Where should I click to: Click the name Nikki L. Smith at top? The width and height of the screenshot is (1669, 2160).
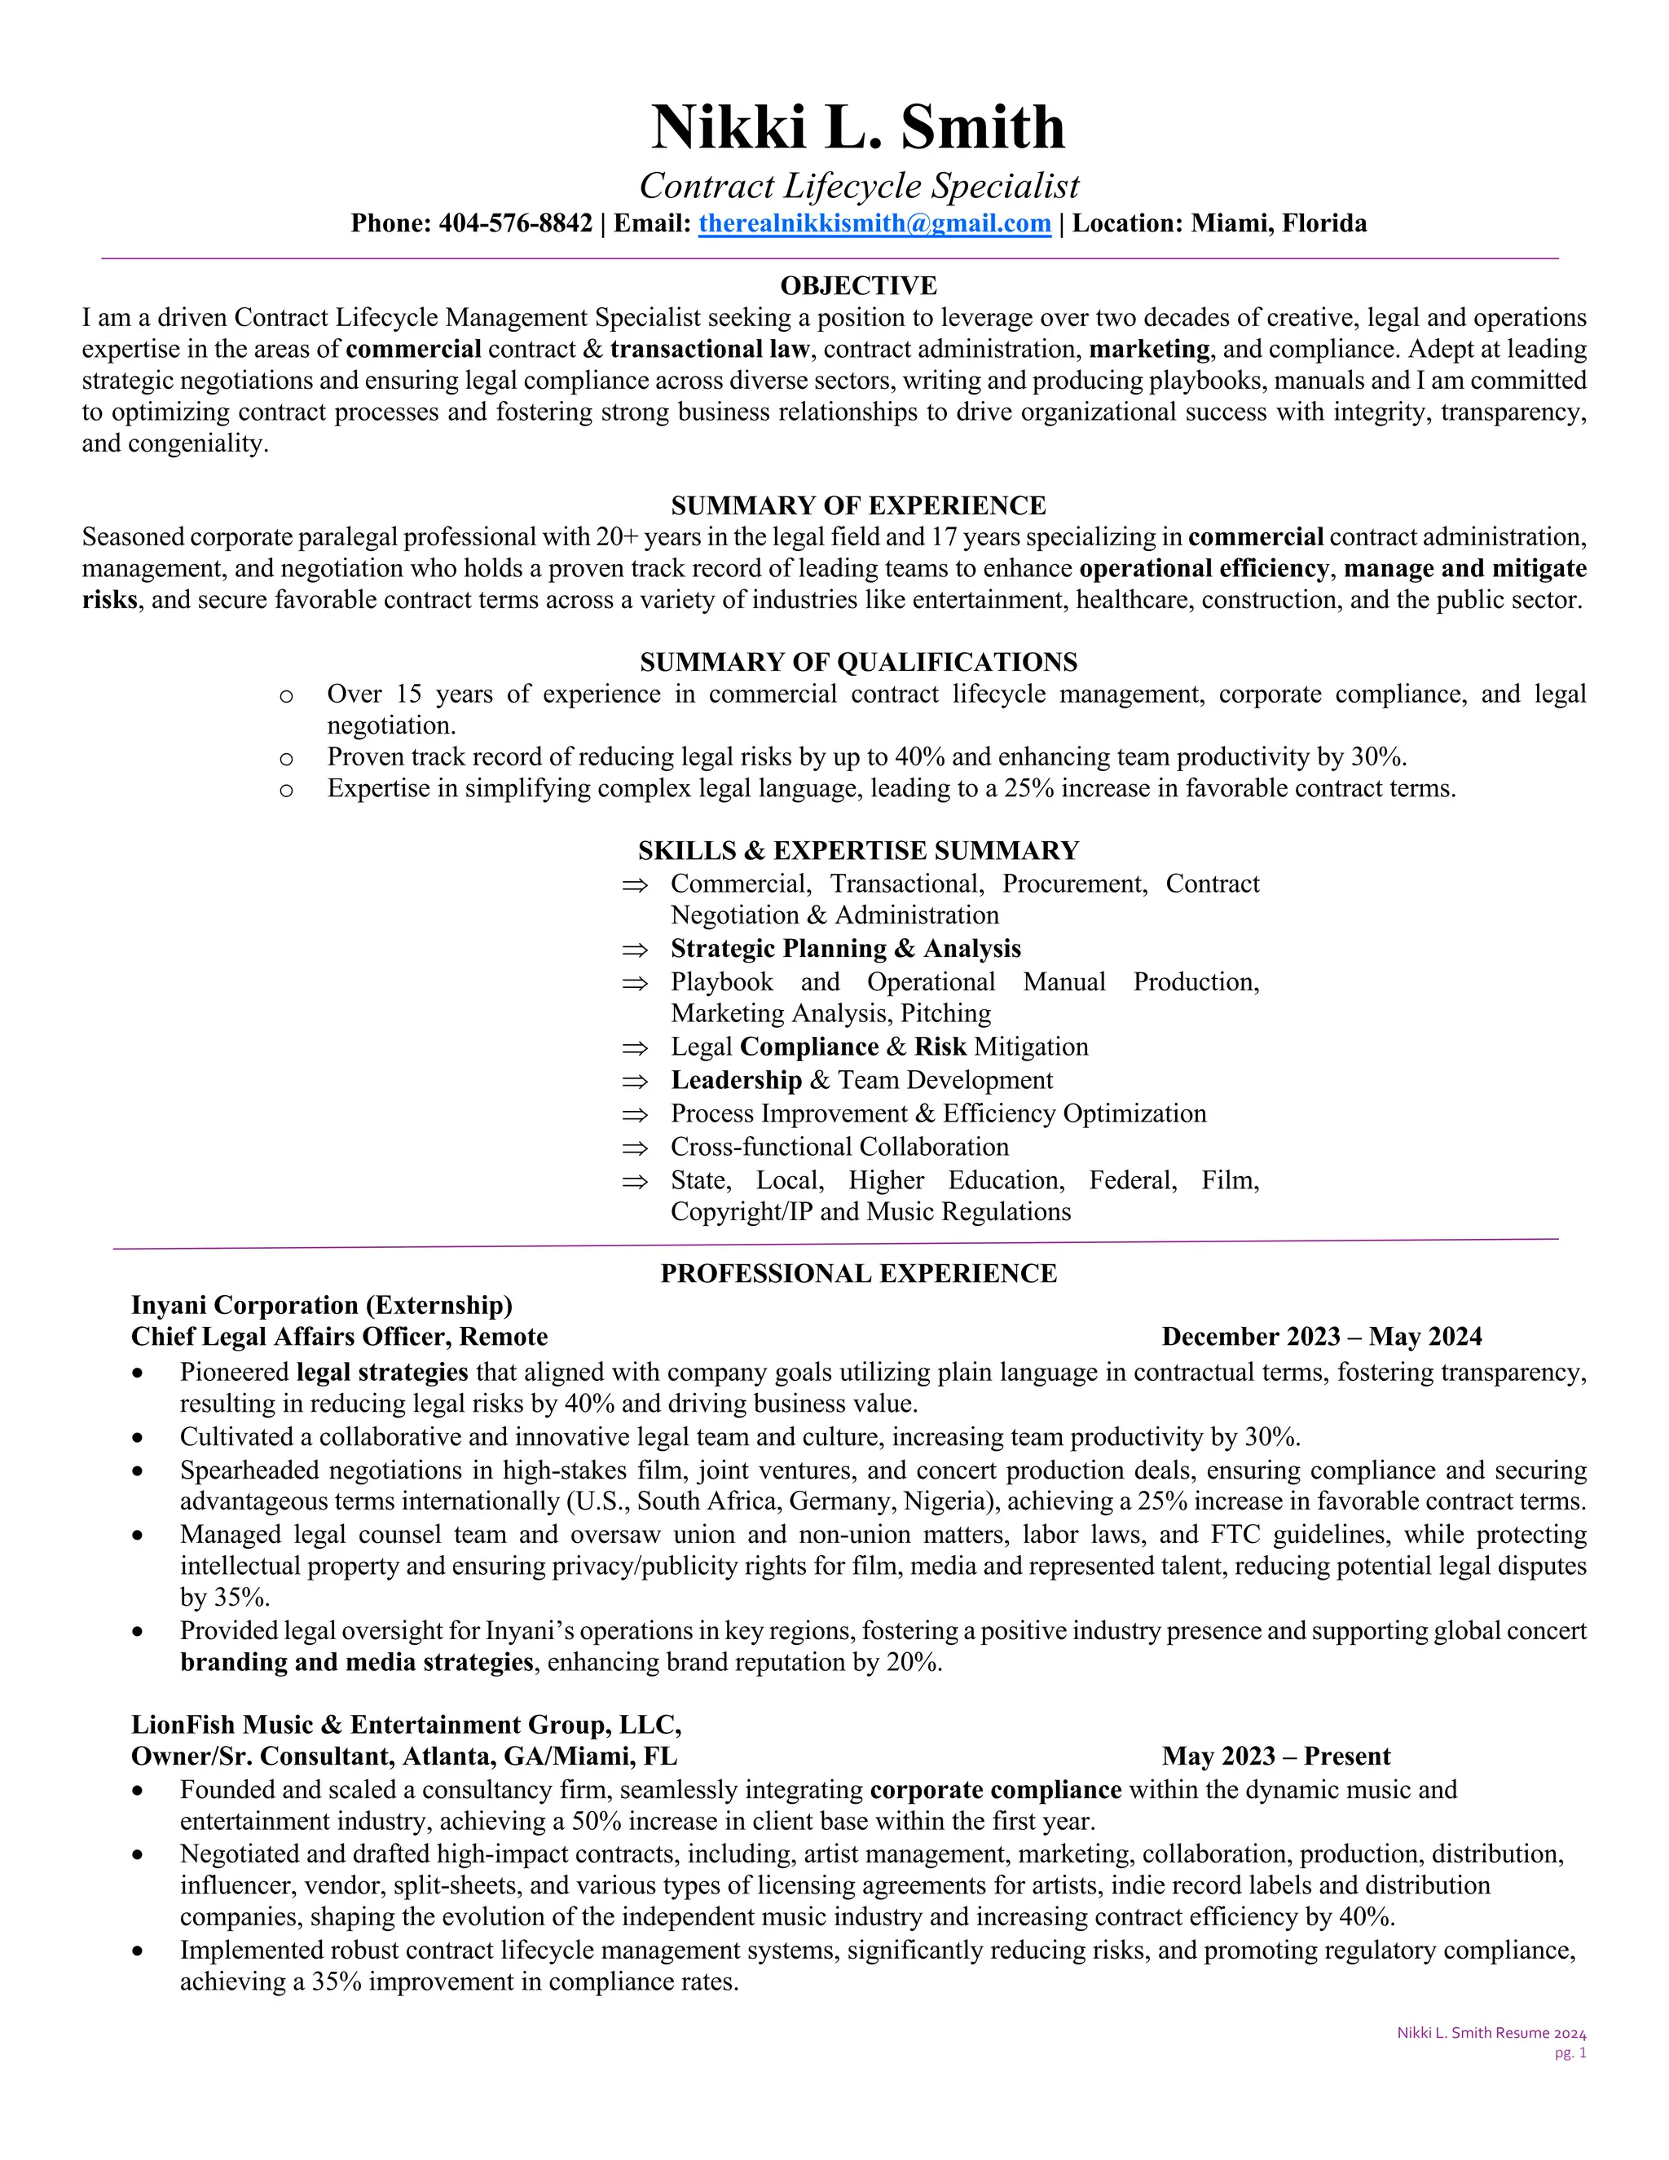click(857, 126)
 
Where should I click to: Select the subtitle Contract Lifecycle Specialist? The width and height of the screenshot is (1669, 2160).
click(858, 186)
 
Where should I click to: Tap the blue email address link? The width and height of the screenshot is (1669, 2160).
click(874, 223)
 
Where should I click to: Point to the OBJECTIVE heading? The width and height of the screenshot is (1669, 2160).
click(858, 286)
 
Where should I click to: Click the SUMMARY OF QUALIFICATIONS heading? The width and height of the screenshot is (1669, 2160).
click(858, 662)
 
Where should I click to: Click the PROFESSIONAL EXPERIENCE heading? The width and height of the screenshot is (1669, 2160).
click(858, 1273)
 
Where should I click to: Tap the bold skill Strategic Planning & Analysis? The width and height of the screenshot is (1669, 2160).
click(845, 949)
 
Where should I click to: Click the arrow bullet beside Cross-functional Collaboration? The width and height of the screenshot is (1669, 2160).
click(635, 1148)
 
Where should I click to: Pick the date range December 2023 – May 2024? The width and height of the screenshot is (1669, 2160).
click(1321, 1336)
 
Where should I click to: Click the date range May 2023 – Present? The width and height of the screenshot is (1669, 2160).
click(1275, 1756)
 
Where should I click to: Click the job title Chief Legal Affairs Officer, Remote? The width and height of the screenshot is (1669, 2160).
click(339, 1336)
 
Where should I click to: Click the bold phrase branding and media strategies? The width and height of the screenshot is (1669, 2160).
click(356, 1660)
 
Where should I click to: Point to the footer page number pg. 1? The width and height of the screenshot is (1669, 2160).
click(1570, 2052)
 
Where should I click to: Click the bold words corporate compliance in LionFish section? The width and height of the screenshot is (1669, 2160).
click(995, 1789)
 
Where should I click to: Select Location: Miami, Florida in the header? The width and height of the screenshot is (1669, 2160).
click(1219, 223)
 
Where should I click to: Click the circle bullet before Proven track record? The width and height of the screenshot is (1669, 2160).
click(286, 759)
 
